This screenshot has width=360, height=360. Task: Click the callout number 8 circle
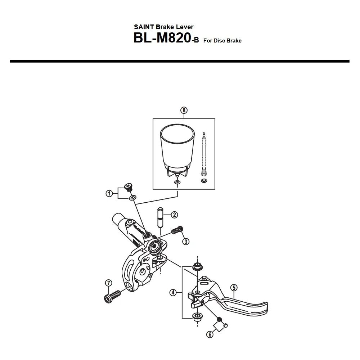pyautogui.click(x=184, y=111)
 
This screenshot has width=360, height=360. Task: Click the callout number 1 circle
pyautogui.click(x=109, y=194)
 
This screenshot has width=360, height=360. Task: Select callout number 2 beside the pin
pyautogui.click(x=174, y=215)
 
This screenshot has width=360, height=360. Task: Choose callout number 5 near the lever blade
pyautogui.click(x=234, y=287)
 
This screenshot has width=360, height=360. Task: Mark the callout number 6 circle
pyautogui.click(x=210, y=334)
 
